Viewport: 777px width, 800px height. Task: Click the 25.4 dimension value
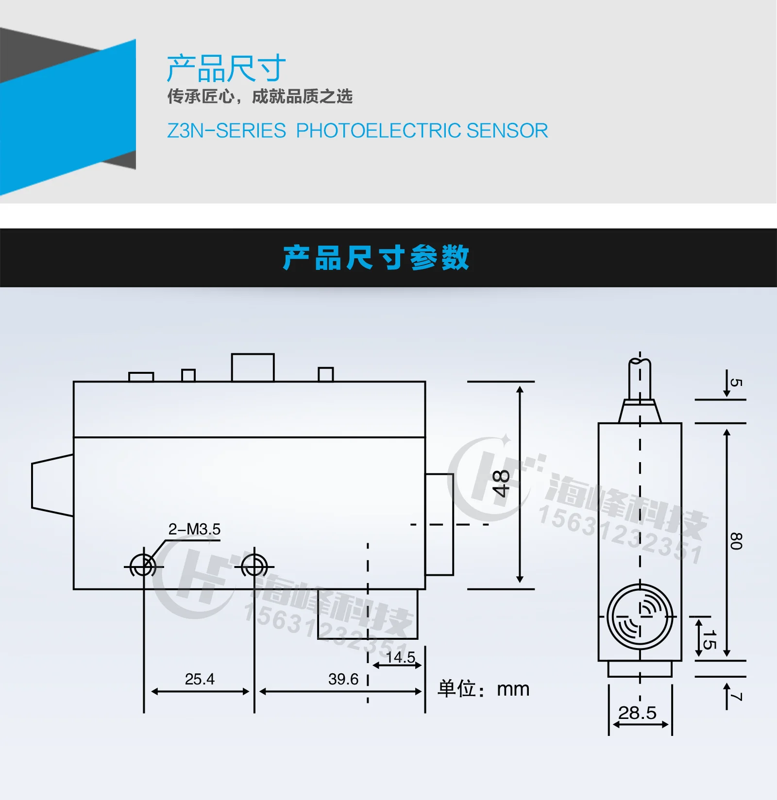(200, 679)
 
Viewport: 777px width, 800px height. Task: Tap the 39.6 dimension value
(343, 679)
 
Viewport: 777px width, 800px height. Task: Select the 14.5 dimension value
(400, 657)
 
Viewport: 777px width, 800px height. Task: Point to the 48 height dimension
(501, 483)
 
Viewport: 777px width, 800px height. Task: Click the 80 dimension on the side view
(736, 541)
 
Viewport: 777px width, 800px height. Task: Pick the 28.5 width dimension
(637, 713)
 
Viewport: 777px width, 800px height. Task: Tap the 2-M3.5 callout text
(194, 529)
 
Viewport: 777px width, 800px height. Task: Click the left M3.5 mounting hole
(144, 567)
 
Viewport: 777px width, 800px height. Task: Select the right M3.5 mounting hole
(254, 567)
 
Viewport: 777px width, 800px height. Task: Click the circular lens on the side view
(640, 617)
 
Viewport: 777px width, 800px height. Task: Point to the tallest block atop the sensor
(253, 367)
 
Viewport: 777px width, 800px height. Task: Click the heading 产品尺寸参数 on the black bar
(376, 257)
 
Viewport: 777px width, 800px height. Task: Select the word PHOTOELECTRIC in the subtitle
(378, 131)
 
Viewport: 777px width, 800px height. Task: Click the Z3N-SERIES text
(226, 131)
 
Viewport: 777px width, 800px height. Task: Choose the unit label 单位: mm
(483, 689)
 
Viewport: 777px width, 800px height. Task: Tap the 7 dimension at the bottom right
(736, 697)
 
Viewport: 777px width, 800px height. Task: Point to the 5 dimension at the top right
(736, 383)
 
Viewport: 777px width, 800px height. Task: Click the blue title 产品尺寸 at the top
(226, 68)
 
